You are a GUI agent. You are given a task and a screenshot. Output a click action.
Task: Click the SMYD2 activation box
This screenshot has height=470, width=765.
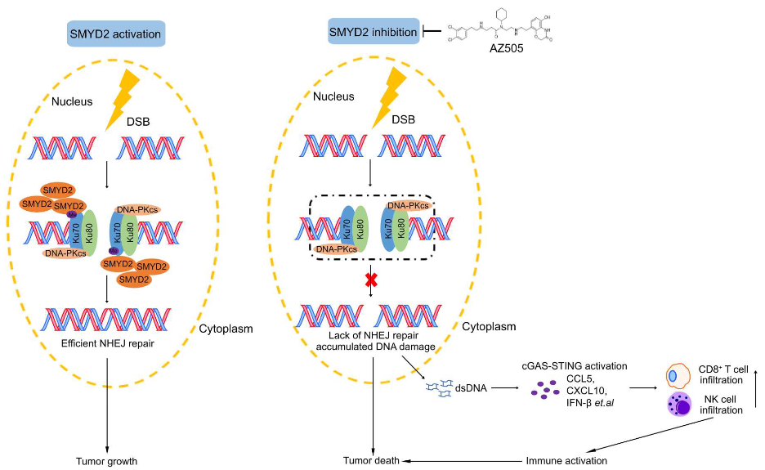click(117, 34)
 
